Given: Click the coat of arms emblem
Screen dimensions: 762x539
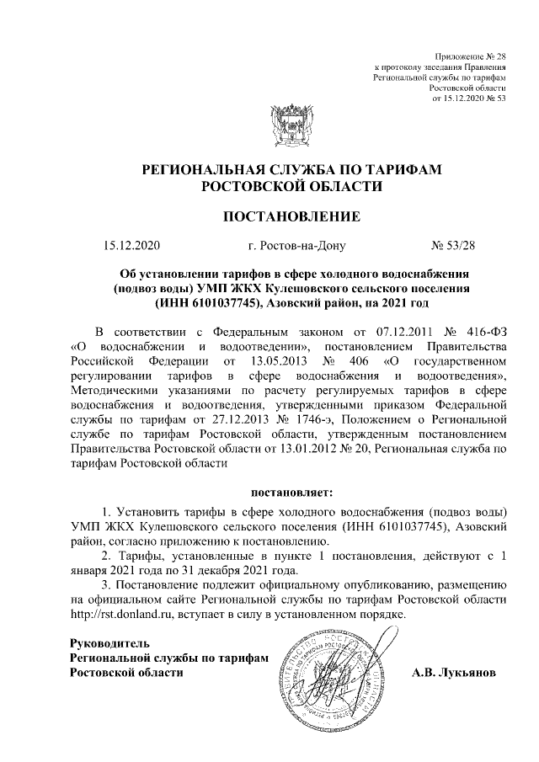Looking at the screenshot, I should [291, 128].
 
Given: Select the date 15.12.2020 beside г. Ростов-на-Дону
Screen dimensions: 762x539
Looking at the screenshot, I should [131, 247].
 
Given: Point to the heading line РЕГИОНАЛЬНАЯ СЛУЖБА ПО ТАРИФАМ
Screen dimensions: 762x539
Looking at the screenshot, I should [291, 170].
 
